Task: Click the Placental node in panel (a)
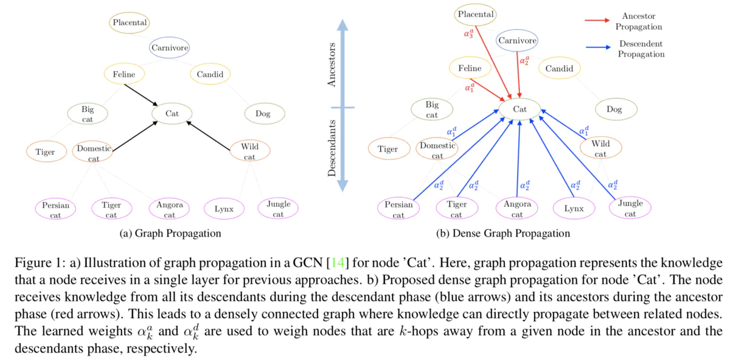coord(130,23)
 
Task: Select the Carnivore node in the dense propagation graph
coord(518,41)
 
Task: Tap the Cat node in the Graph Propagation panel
coord(172,113)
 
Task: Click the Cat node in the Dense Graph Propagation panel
coord(520,109)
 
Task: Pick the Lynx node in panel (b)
coord(573,209)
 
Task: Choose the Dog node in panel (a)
coord(263,113)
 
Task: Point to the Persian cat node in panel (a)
coord(55,210)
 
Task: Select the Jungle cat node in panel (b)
coord(630,208)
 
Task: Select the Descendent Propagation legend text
coord(641,49)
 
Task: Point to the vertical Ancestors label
coord(332,64)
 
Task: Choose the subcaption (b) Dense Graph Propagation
coord(502,234)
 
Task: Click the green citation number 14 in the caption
coord(337,263)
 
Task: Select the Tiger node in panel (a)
coord(45,152)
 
